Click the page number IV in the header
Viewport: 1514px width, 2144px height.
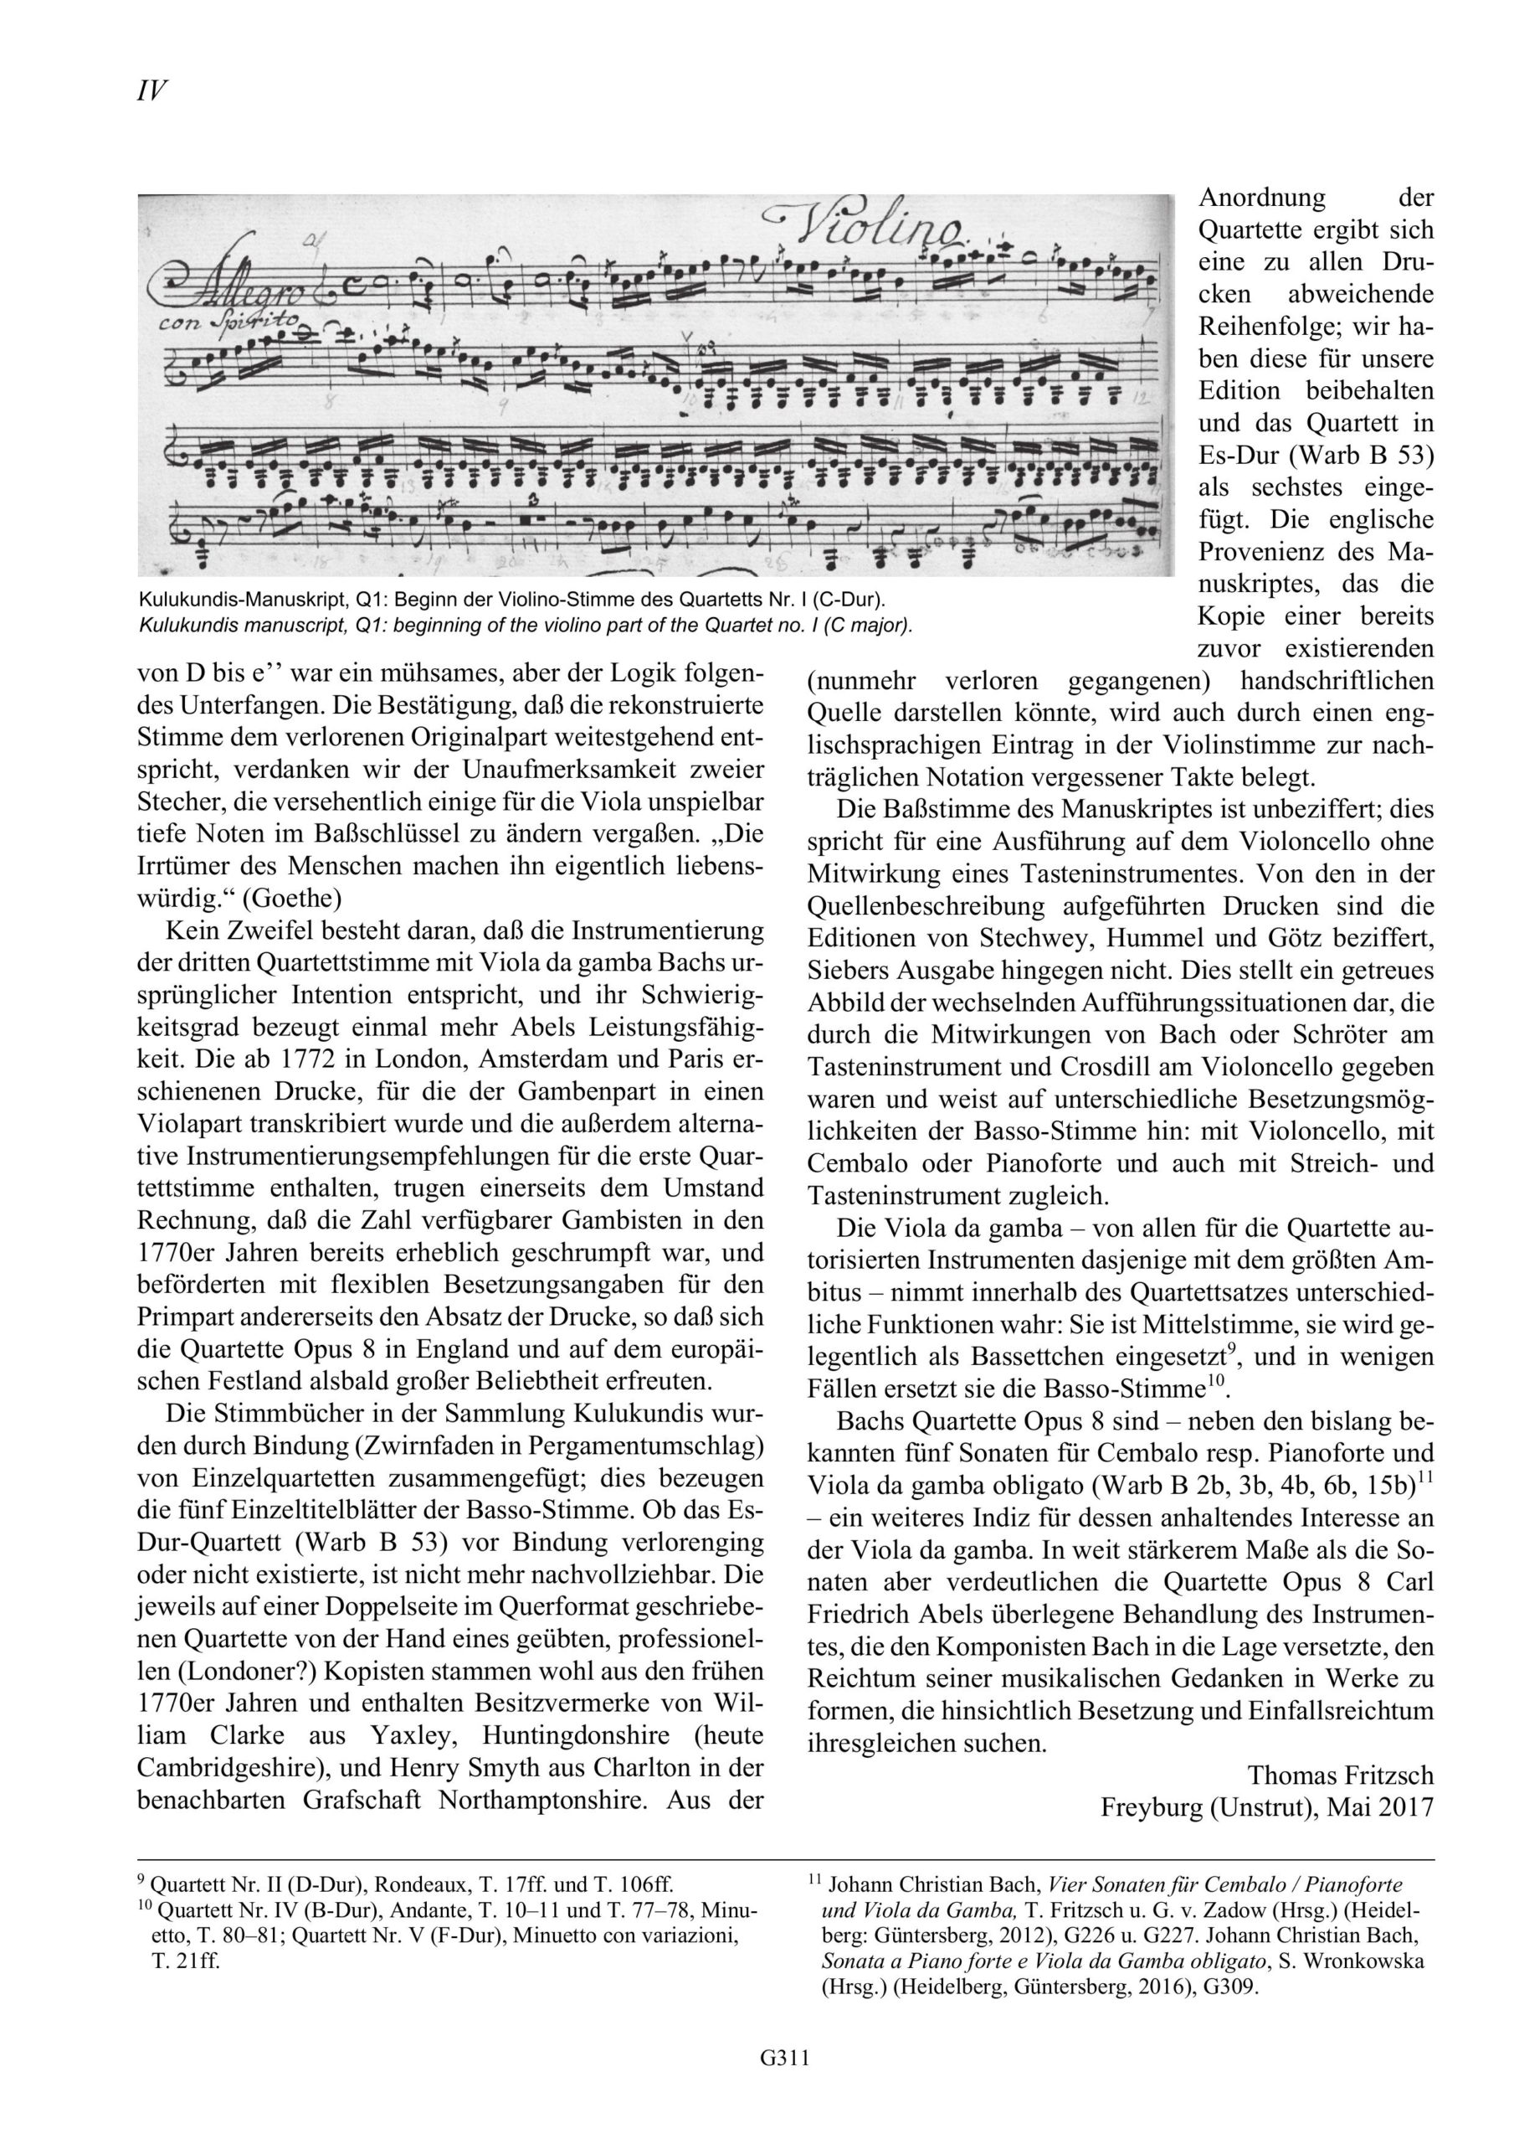coord(152,90)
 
